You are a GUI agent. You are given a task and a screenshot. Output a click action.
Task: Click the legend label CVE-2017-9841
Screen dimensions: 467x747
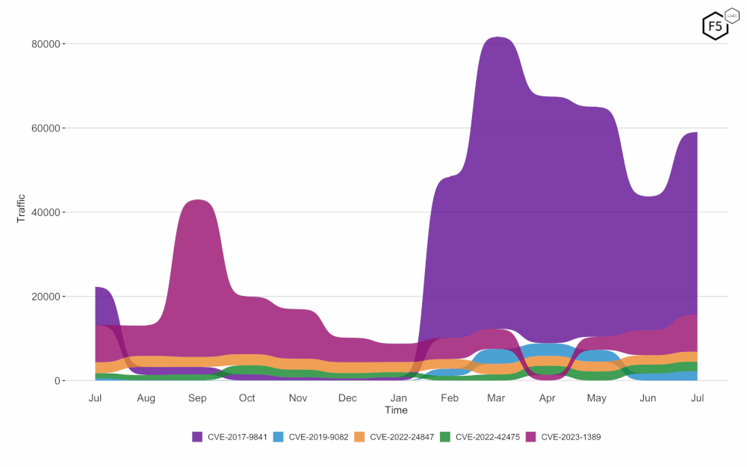tap(237, 437)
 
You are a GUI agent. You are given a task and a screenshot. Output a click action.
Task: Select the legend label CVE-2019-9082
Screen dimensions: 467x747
tap(318, 437)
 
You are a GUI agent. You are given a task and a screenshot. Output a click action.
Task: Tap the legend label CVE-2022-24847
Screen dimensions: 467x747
tap(401, 437)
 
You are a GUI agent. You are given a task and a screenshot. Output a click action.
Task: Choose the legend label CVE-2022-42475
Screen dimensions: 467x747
tap(487, 437)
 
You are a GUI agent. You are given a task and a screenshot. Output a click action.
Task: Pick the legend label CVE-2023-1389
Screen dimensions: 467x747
tap(571, 437)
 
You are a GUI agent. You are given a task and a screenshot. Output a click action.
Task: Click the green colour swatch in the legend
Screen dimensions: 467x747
tap(446, 437)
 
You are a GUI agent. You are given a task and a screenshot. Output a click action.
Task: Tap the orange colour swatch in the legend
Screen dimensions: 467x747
tap(359, 437)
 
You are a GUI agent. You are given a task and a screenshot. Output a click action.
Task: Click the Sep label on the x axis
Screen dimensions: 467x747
tap(197, 398)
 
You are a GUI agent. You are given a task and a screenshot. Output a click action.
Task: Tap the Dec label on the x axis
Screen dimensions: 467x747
tap(347, 398)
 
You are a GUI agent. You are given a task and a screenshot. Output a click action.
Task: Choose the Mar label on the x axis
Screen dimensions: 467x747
tap(497, 398)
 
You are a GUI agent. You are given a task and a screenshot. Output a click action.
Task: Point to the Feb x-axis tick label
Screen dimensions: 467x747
tap(450, 398)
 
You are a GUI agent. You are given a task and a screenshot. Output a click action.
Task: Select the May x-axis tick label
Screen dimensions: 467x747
tap(596, 398)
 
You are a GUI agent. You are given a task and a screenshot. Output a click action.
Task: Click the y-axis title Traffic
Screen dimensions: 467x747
tap(21, 208)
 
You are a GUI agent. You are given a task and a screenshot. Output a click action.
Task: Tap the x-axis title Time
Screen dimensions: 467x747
tap(396, 410)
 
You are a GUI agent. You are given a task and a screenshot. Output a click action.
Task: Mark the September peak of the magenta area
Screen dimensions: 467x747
tap(197, 201)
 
